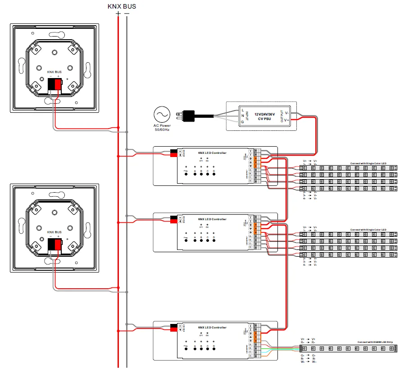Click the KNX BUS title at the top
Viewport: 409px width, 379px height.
coord(122,6)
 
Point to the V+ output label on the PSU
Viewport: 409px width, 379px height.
coord(287,120)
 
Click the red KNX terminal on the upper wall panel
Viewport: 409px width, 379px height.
coord(58,85)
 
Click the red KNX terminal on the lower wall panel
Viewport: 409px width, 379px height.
coord(58,245)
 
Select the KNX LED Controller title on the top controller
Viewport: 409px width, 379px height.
coord(212,153)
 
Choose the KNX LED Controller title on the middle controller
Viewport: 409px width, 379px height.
coord(212,219)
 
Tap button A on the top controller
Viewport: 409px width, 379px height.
coord(195,175)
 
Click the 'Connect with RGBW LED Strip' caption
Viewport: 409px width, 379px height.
coord(375,342)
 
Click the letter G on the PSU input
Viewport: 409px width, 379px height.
coord(243,122)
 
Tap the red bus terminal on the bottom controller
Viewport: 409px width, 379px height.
coord(173,330)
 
